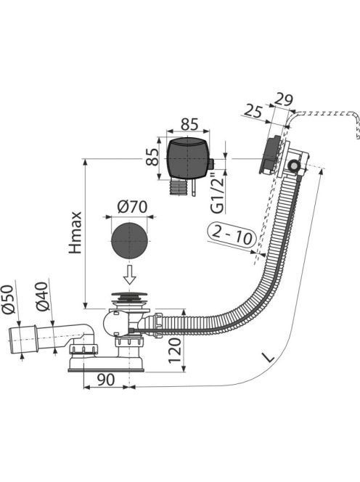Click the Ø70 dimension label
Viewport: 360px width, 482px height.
pyautogui.click(x=132, y=207)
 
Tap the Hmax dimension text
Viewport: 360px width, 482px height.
pyautogui.click(x=75, y=232)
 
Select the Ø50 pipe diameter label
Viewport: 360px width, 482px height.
pyautogui.click(x=8, y=299)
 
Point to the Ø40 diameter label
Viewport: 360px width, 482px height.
pyautogui.click(x=42, y=296)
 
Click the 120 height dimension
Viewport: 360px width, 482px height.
pyautogui.click(x=175, y=350)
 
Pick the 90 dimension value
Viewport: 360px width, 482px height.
pyautogui.click(x=106, y=380)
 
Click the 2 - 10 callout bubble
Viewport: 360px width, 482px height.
pyautogui.click(x=232, y=235)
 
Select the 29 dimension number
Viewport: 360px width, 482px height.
pyautogui.click(x=283, y=99)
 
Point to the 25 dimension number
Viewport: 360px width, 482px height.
pyautogui.click(x=253, y=111)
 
